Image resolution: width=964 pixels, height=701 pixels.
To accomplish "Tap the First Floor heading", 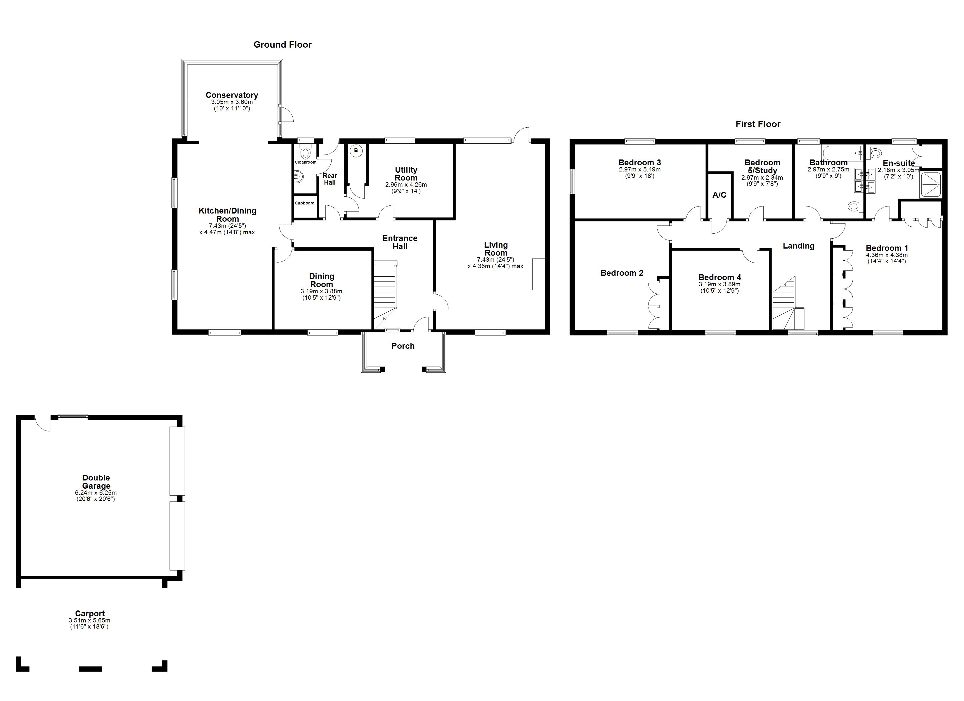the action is [x=758, y=124].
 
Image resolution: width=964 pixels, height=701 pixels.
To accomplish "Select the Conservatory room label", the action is [x=232, y=95].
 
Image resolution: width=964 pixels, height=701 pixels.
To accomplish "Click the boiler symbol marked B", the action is [x=356, y=150].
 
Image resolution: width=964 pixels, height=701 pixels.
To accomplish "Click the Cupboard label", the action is [x=305, y=203].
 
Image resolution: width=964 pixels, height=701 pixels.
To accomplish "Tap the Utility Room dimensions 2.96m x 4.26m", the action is [x=406, y=185].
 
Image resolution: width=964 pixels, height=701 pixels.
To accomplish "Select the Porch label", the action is [x=403, y=346].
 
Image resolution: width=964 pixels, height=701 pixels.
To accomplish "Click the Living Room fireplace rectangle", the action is [x=539, y=274].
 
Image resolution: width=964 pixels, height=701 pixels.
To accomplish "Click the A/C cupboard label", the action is [x=719, y=195].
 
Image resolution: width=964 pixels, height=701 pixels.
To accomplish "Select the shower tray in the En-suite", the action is [x=931, y=185].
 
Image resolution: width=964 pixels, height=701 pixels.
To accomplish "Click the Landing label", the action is [x=799, y=246].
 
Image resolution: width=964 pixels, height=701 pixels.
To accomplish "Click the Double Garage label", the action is [x=96, y=482].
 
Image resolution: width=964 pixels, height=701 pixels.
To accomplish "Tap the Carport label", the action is [x=90, y=613].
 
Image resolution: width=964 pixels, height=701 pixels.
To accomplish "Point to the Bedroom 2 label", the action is [x=622, y=273].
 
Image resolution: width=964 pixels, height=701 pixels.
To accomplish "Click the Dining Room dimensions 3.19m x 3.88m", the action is [x=321, y=291].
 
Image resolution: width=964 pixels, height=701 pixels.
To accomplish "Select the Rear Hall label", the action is [x=330, y=179].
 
